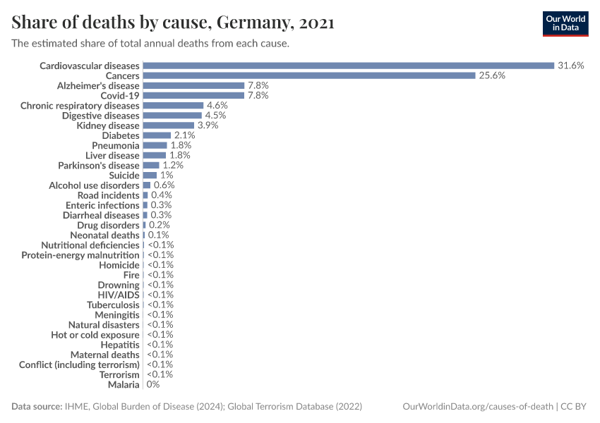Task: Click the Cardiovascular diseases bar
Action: tap(348, 66)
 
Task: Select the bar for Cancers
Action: tap(309, 75)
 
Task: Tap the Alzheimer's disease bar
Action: tap(193, 85)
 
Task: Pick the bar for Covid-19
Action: tap(193, 95)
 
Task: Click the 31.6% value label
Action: tap(570, 66)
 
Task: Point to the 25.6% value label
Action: tap(492, 75)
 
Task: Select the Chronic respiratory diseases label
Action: tap(80, 106)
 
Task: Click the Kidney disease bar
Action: tap(168, 125)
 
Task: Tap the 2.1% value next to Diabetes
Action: tap(185, 135)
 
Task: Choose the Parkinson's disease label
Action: tap(99, 166)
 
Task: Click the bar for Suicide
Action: tap(150, 176)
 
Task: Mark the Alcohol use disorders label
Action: tap(94, 185)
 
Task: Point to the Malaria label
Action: tap(124, 385)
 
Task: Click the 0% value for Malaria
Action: tap(153, 385)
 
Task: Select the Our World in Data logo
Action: tap(565, 23)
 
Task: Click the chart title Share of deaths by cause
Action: tap(173, 23)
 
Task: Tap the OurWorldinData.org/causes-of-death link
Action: tap(476, 407)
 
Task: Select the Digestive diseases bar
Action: tap(172, 116)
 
